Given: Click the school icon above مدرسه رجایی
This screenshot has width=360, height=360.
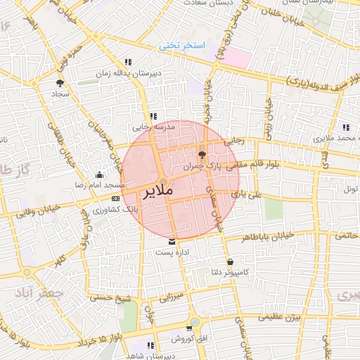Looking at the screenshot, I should click(x=153, y=117).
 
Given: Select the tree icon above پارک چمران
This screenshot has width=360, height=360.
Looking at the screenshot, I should click(x=202, y=155).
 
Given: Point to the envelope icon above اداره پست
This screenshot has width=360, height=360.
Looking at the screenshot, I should click(x=172, y=243).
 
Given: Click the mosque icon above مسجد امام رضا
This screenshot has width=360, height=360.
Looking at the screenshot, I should click(x=98, y=174).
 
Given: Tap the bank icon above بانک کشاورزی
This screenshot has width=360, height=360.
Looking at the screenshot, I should click(x=115, y=198).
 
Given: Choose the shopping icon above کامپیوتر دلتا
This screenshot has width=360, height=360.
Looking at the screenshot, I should click(x=231, y=262).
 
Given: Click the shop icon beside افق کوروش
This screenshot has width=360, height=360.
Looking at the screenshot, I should click(x=189, y=329).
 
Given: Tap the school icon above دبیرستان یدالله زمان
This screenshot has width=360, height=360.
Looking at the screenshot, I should click(x=127, y=62).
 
